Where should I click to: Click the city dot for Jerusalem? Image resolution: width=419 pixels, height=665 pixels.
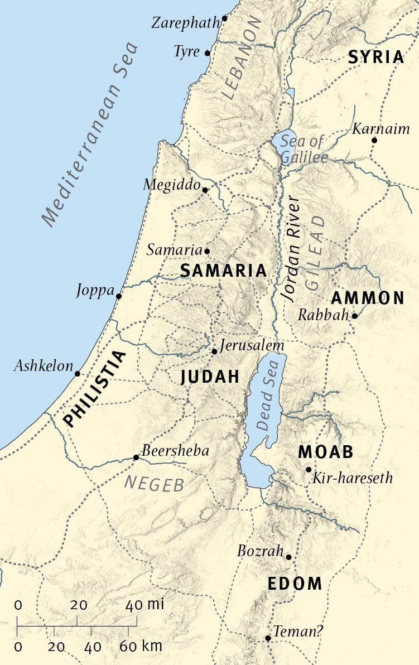coord(214,351)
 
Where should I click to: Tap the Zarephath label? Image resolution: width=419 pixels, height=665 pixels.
coord(186,23)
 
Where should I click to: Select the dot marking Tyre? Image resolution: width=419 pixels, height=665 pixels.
coord(208,53)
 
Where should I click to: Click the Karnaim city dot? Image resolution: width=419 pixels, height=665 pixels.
coord(374,140)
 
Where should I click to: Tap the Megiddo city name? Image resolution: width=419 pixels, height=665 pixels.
coord(171,185)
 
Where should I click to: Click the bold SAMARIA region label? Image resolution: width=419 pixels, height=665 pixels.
coord(223,271)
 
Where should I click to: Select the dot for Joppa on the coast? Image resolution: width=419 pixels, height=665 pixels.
coord(119,296)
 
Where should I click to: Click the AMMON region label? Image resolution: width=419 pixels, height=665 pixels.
coord(368,298)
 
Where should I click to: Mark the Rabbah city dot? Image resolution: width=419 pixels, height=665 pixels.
coord(354,316)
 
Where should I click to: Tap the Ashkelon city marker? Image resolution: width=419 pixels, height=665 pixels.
coord(78,374)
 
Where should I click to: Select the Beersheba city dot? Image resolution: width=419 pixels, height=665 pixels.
coord(136,457)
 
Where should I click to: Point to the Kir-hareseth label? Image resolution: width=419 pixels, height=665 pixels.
coord(353,478)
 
